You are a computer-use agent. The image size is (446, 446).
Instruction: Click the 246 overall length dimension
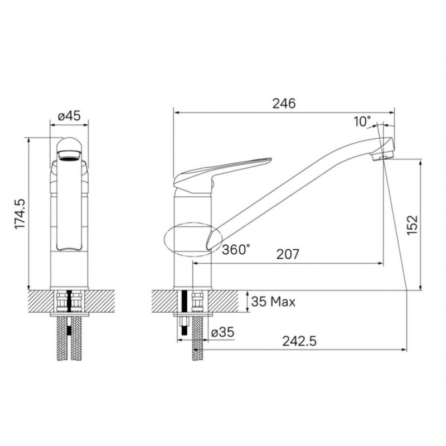click(284, 103)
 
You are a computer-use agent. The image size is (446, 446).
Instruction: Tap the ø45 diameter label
click(69, 116)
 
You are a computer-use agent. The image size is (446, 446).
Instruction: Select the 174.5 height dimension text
click(20, 214)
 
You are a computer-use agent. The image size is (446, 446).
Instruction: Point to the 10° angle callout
click(363, 122)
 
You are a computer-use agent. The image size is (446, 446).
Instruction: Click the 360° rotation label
click(236, 249)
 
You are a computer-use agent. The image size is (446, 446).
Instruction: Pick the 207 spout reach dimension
click(288, 254)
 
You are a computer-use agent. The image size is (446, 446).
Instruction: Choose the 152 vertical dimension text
click(412, 225)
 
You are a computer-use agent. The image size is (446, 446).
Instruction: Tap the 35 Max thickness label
click(273, 302)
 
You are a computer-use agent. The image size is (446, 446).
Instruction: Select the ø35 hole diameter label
click(222, 332)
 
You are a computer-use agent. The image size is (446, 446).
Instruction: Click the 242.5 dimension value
click(299, 341)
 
